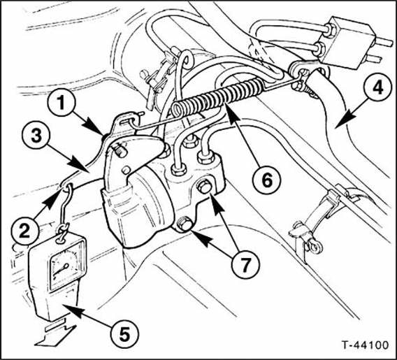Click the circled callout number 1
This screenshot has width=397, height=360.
pyautogui.click(x=62, y=103)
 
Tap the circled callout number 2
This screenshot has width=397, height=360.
pyautogui.click(x=25, y=231)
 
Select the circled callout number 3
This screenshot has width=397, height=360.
pyautogui.click(x=36, y=136)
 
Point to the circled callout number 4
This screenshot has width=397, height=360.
pyautogui.click(x=377, y=89)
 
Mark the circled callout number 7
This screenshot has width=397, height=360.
pyautogui.click(x=245, y=265)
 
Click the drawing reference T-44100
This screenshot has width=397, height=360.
pyautogui.click(x=365, y=345)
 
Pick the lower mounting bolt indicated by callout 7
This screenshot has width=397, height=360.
pyautogui.click(x=184, y=224)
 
